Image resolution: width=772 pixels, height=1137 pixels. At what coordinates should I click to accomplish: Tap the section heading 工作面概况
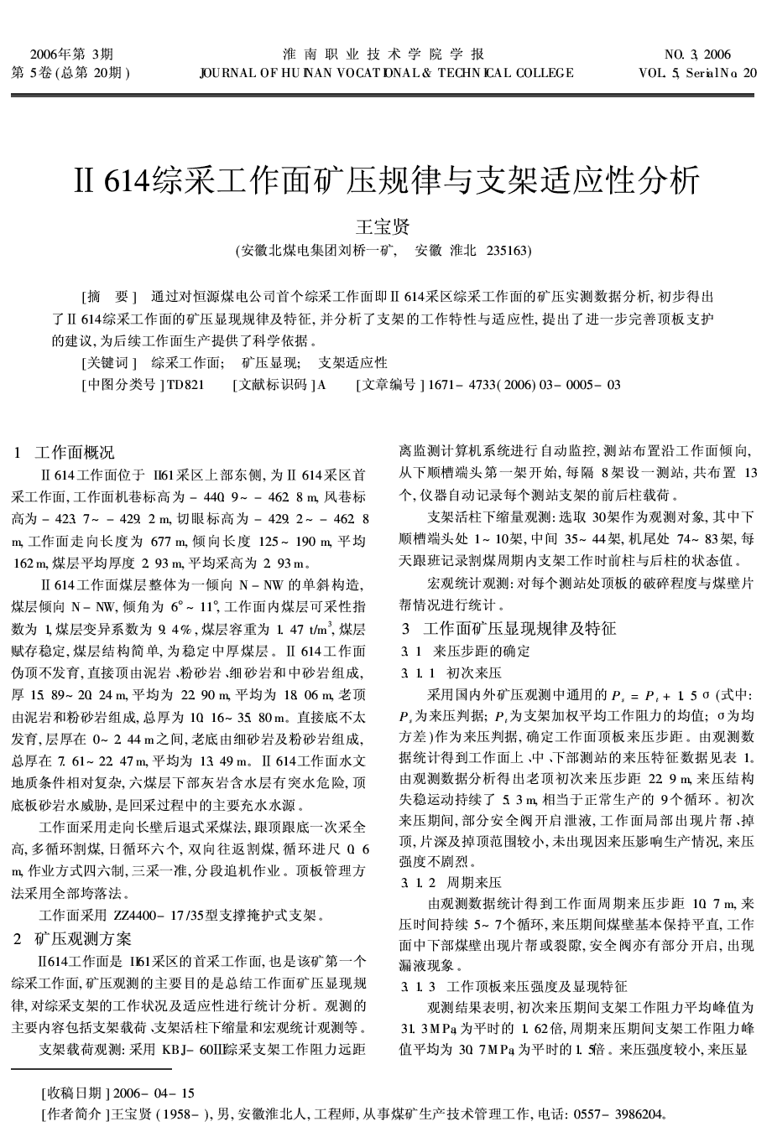click(74, 454)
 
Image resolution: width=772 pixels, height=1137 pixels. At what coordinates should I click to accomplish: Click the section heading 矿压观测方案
click(83, 938)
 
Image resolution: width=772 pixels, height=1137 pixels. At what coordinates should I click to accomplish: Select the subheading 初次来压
click(474, 672)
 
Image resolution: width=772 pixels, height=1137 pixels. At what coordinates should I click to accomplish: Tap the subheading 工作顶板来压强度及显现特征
click(538, 986)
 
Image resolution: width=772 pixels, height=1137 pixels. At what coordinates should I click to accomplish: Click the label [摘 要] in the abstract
click(107, 297)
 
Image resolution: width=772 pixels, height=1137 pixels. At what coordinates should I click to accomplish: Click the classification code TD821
click(185, 385)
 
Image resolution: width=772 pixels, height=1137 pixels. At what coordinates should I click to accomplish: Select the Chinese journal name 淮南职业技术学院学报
click(384, 55)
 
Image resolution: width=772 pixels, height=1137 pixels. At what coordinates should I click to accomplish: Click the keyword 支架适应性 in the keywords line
click(353, 363)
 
